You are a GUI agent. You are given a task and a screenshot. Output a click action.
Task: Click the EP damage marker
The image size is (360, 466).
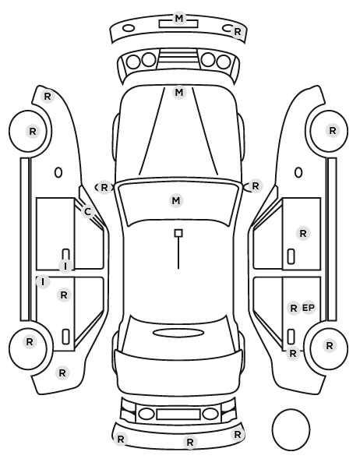pos(309,308)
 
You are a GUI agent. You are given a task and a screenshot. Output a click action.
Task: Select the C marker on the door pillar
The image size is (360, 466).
pos(87,212)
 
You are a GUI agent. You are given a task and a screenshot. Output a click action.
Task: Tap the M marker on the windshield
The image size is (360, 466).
pos(176,200)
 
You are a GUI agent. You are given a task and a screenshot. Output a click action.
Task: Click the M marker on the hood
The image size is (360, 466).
pos(179,93)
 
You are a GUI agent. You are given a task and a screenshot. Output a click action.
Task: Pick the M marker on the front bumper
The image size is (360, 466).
pos(179,19)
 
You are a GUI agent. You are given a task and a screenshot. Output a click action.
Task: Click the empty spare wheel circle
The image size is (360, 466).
pos(291,429)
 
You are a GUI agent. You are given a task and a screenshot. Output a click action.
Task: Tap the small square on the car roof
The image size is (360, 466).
pos(178,233)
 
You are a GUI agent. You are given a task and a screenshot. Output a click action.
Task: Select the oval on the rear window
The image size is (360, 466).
pos(178,333)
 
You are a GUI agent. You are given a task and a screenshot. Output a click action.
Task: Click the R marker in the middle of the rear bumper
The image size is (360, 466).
pos(190,442)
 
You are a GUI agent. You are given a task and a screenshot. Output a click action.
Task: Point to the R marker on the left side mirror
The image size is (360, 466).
pos(104,188)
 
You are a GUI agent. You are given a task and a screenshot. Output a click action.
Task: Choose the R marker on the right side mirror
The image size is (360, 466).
pos(256,186)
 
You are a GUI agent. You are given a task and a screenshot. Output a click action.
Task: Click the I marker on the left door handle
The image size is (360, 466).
pos(65,266)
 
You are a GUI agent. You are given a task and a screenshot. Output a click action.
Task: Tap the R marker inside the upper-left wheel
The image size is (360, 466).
pos(33,132)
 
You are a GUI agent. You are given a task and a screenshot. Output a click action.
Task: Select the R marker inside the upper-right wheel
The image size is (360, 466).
pos(333,130)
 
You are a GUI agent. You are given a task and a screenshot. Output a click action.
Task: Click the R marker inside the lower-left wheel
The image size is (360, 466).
pos(30,342)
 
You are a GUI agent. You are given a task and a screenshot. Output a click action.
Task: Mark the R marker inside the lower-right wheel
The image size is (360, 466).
pos(330,346)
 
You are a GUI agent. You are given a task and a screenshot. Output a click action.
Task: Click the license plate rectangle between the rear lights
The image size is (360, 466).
pos(178,415)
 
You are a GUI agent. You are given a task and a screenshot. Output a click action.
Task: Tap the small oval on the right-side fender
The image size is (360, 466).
pos(298,173)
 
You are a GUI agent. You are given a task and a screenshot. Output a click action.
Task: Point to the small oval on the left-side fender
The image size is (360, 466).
pos(58,173)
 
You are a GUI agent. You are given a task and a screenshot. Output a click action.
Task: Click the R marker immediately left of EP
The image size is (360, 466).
pos(294,308)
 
